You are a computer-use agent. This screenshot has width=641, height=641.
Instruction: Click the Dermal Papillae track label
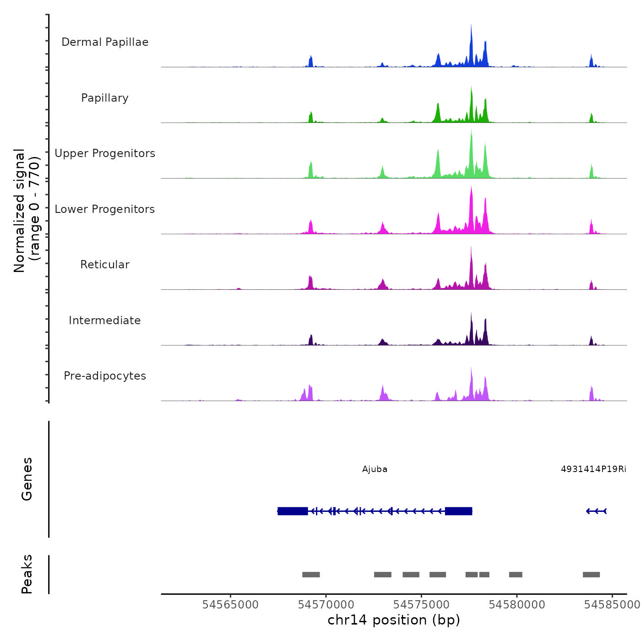105,42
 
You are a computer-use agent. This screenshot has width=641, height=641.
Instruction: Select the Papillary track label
105,98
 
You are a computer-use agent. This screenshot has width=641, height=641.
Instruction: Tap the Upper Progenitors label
105,153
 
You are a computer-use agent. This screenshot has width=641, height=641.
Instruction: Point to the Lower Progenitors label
105,209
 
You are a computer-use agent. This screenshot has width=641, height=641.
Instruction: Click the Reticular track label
105,265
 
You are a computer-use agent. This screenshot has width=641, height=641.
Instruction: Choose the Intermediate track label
105,320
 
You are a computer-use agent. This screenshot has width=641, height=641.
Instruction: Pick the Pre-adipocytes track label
105,376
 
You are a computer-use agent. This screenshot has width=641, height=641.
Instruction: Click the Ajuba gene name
375,469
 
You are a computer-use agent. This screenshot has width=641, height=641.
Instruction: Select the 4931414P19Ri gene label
593,469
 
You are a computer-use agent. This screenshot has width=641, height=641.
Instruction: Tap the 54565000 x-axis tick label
230,605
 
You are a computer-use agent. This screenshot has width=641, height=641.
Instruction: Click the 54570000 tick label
326,605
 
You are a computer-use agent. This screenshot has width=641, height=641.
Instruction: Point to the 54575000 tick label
422,605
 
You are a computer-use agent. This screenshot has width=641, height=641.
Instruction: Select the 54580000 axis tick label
517,605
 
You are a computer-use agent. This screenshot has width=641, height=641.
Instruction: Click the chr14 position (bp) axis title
394,620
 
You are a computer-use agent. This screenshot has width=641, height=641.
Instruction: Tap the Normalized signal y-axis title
27,211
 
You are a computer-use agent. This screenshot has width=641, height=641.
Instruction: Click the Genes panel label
27,479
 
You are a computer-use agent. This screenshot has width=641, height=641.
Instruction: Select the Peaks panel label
27,574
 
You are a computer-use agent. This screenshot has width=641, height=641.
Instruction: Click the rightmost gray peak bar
591,575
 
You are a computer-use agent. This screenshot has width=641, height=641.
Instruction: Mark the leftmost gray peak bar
311,575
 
